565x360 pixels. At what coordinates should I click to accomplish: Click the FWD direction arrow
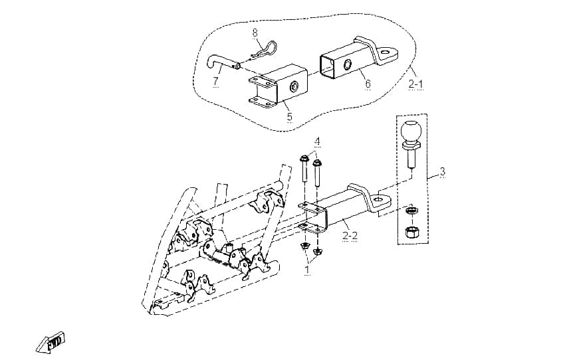coord(51,342)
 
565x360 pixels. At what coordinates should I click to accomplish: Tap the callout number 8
coord(255,33)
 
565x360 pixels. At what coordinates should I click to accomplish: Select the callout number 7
coord(215,81)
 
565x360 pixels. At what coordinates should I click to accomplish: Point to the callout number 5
coord(290,116)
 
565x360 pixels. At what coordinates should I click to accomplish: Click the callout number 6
coord(368,84)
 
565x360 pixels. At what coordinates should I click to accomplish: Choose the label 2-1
coord(416,84)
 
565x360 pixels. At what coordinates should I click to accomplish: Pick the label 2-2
coord(350,236)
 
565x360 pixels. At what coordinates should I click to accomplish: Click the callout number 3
coord(443,171)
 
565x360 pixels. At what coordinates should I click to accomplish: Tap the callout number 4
coord(317,141)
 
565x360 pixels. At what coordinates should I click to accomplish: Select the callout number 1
coord(307,269)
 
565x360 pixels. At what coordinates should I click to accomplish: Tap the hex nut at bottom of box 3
coord(411,232)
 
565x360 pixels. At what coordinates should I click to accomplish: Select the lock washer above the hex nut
coord(410,211)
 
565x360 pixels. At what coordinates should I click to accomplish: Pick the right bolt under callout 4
coord(316,173)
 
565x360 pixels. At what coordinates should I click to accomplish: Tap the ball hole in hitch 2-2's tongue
coord(378,199)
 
